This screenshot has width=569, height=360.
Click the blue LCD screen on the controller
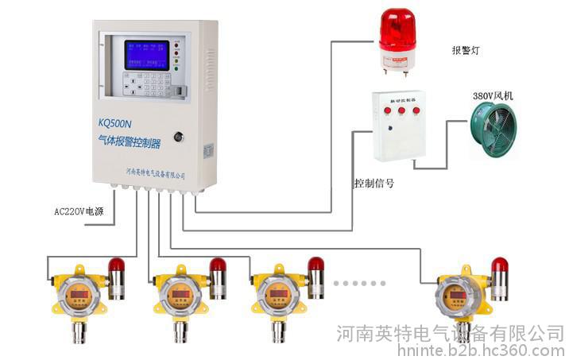pyautogui.click(x=147, y=55)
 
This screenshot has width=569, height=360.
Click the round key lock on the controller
pyautogui.click(x=179, y=137)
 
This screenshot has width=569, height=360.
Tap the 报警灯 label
pyautogui.click(x=465, y=50)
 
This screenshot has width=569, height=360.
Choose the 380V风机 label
pyautogui.click(x=493, y=96)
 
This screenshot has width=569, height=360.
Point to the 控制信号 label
pyautogui.click(x=374, y=183)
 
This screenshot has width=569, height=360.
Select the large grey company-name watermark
pyautogui.click(x=451, y=332)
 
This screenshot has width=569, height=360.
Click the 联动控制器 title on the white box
pyautogui.click(x=400, y=101)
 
